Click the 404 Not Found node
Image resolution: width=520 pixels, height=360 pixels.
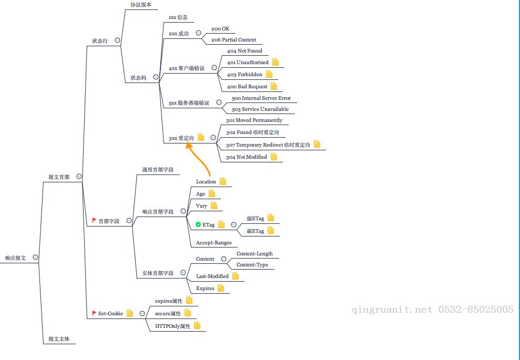244,51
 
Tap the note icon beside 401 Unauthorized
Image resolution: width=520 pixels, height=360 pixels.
276,62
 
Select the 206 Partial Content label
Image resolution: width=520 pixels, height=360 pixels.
233,40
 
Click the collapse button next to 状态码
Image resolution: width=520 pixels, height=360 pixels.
156,77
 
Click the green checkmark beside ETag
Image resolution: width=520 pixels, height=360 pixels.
198,224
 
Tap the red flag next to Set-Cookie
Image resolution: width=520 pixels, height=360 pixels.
94,313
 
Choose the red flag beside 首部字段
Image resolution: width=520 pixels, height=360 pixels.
94,220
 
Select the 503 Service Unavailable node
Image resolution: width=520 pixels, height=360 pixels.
260,109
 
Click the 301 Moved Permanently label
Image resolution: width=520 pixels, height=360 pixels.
254,120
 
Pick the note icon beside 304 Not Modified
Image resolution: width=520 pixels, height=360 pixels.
273,157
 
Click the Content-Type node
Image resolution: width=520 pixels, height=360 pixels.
252,264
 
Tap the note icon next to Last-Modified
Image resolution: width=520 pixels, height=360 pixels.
235,276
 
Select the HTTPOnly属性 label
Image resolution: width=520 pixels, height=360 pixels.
172,326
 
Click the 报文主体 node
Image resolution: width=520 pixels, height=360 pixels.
59,339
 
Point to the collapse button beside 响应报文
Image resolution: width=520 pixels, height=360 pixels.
35,257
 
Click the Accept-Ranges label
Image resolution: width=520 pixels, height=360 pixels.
213,243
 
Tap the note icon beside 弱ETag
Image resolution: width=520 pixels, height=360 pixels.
271,230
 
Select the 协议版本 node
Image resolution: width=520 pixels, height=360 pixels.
141,5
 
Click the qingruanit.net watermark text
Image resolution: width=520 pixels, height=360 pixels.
392,310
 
